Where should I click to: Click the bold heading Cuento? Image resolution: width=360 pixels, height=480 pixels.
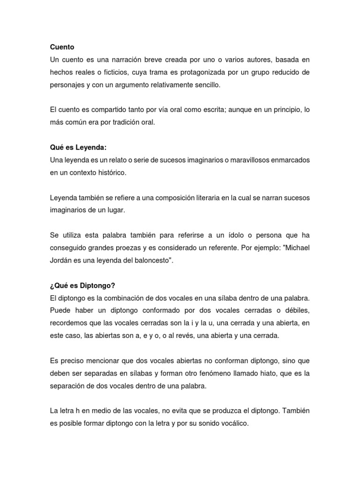(x=62, y=47)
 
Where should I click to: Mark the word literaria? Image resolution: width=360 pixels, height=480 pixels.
(x=210, y=198)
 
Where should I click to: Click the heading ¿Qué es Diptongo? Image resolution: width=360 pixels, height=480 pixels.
(x=79, y=285)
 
